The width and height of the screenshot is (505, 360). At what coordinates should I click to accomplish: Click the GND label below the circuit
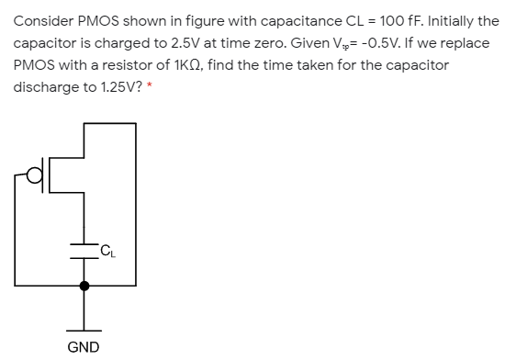pyautogui.click(x=84, y=346)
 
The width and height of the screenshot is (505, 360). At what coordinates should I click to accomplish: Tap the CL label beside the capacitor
pyautogui.click(x=107, y=246)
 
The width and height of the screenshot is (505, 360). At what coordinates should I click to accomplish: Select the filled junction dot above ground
pyautogui.click(x=84, y=286)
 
